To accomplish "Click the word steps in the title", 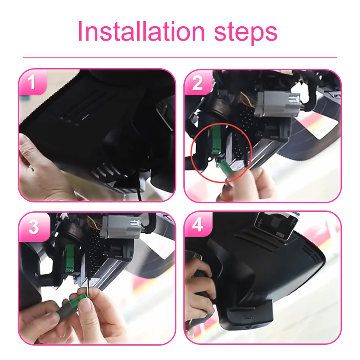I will [x=246, y=32].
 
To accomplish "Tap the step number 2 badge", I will [x=198, y=83].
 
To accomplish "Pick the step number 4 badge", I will [x=198, y=225].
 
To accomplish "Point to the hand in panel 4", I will [x=199, y=288].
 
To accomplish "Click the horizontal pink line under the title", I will [x=180, y=57].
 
